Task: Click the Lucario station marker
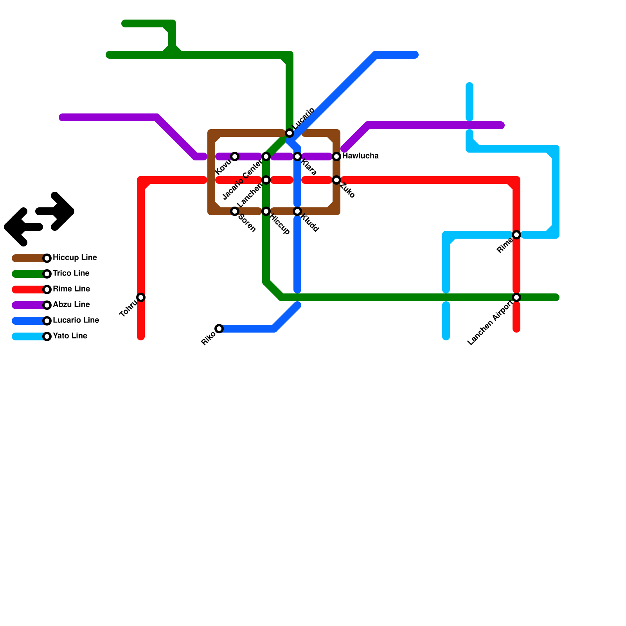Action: [290, 133]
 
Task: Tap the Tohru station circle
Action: [141, 297]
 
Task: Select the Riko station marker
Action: [219, 329]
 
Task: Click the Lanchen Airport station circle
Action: [516, 297]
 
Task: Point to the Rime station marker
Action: [516, 235]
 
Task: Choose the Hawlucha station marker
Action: [336, 156]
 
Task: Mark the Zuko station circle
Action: [336, 180]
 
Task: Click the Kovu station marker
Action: [235, 156]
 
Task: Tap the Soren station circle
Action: [235, 211]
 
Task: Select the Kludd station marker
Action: [297, 211]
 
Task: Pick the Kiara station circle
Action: [297, 156]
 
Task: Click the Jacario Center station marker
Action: [266, 156]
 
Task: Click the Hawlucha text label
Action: [360, 156]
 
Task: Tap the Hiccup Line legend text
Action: [75, 258]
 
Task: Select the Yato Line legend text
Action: [70, 336]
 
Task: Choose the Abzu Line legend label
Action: [71, 305]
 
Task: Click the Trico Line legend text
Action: [71, 273]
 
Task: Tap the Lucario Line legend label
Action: [76, 320]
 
